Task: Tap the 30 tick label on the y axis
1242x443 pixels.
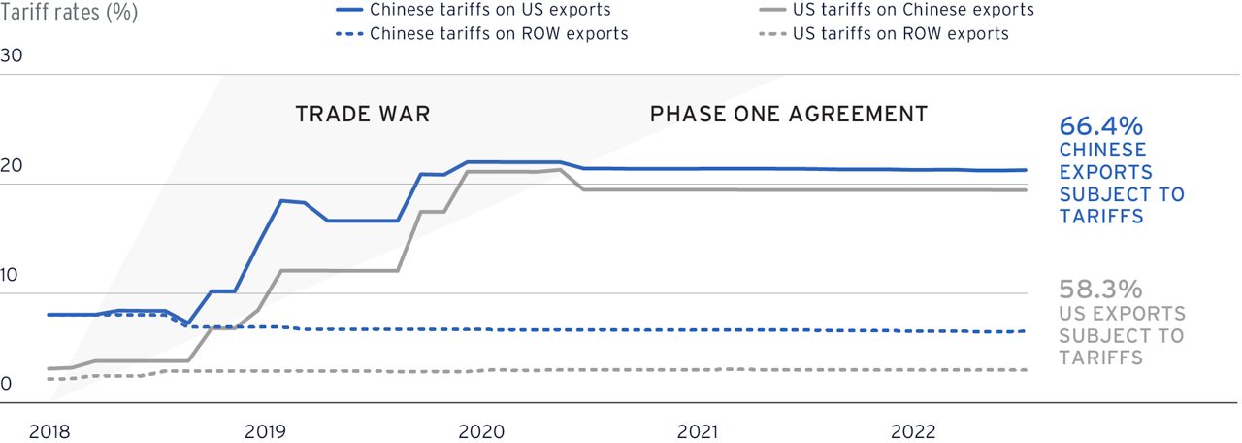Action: tap(12, 55)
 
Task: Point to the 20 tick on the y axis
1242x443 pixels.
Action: tap(12, 165)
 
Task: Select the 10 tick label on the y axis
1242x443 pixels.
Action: tap(12, 275)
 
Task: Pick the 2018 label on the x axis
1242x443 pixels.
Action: tap(49, 431)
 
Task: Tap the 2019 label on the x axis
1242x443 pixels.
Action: tap(265, 431)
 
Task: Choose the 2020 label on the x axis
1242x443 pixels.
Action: tap(480, 431)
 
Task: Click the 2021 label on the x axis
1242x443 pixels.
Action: tap(697, 431)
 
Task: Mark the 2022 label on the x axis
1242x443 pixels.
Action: tap(913, 431)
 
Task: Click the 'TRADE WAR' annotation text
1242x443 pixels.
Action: tap(363, 115)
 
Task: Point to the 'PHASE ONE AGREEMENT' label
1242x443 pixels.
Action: tap(789, 115)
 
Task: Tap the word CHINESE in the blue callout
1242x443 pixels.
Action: tap(1102, 151)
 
